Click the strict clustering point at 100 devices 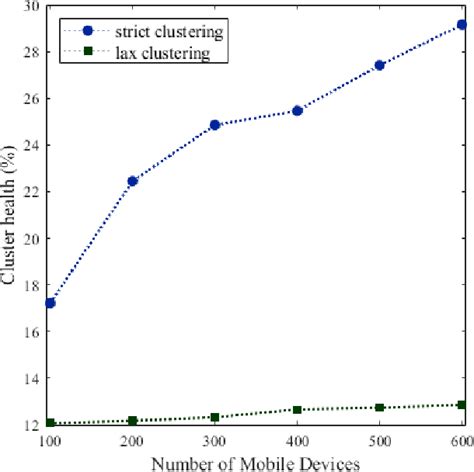point(50,302)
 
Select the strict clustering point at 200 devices point(133,181)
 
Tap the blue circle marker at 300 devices point(216,125)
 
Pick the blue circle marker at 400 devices point(298,111)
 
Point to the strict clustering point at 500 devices point(380,65)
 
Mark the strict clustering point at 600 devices point(462,24)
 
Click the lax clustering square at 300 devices point(216,417)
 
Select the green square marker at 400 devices point(298,410)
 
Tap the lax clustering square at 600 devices point(462,405)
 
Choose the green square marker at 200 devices point(133,421)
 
